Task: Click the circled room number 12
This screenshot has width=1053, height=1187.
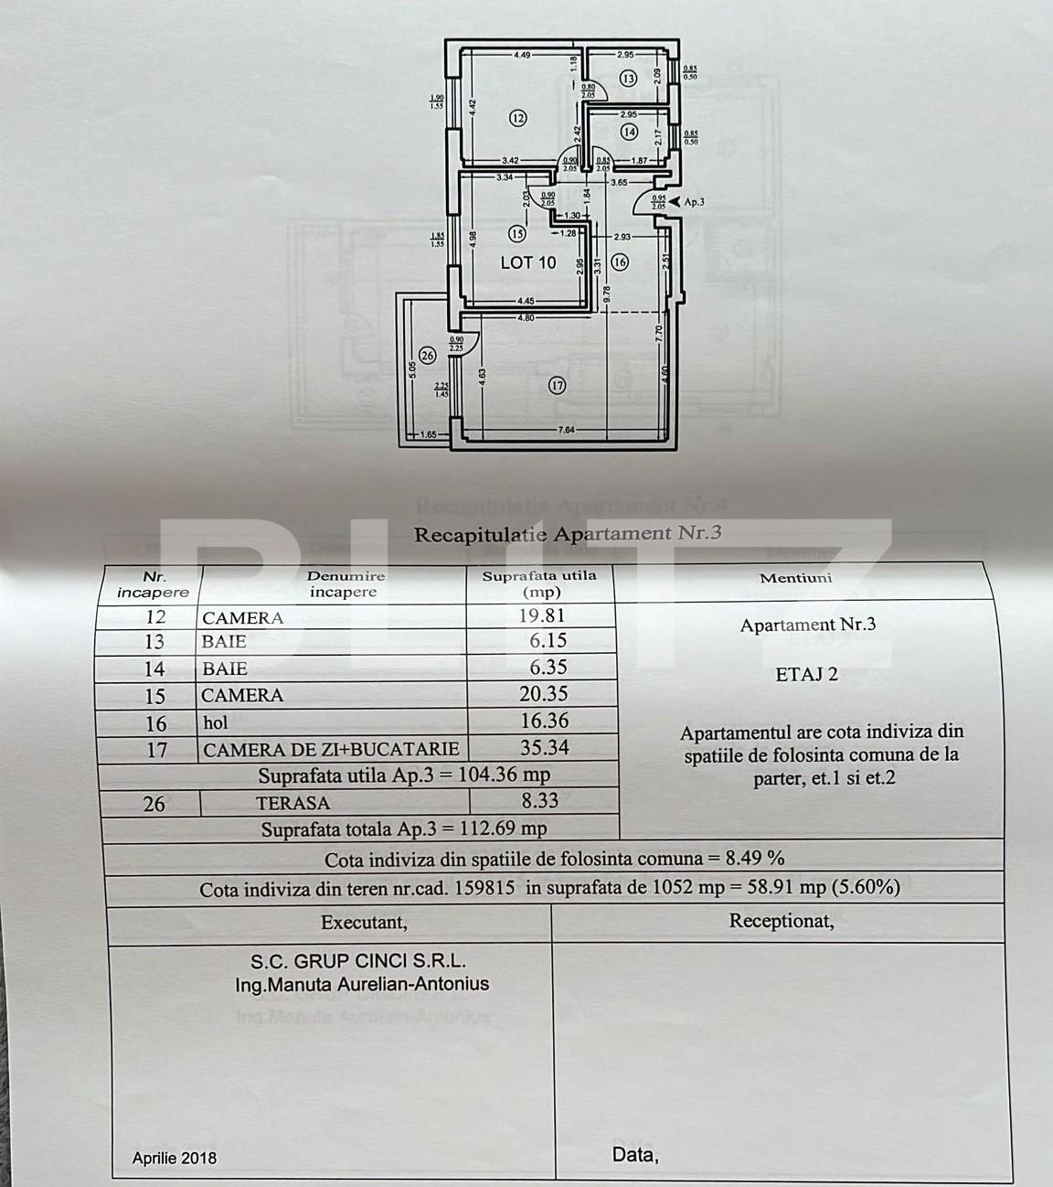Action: pyautogui.click(x=518, y=118)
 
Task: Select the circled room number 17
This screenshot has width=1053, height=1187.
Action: pyautogui.click(x=558, y=385)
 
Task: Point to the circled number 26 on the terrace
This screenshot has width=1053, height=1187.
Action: pyautogui.click(x=425, y=355)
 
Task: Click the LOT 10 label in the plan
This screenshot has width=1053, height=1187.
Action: pyautogui.click(x=528, y=262)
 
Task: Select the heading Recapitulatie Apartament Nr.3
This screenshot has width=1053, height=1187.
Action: pyautogui.click(x=568, y=533)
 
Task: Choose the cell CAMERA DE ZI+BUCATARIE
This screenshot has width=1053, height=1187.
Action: pyautogui.click(x=331, y=749)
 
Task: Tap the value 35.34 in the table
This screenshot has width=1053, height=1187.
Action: pyautogui.click(x=544, y=747)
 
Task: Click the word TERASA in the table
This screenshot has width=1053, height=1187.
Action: pyautogui.click(x=292, y=803)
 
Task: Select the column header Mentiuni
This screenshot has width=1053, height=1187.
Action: pyautogui.click(x=795, y=578)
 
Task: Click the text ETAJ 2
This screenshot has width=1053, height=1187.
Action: pyautogui.click(x=806, y=675)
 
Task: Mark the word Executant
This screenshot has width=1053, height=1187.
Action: pyautogui.click(x=364, y=923)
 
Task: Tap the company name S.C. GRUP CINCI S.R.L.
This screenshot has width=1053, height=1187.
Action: pyautogui.click(x=358, y=961)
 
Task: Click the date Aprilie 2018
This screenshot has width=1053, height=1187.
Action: pyautogui.click(x=175, y=1158)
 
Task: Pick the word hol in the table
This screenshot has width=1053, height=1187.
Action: pyautogui.click(x=215, y=722)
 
